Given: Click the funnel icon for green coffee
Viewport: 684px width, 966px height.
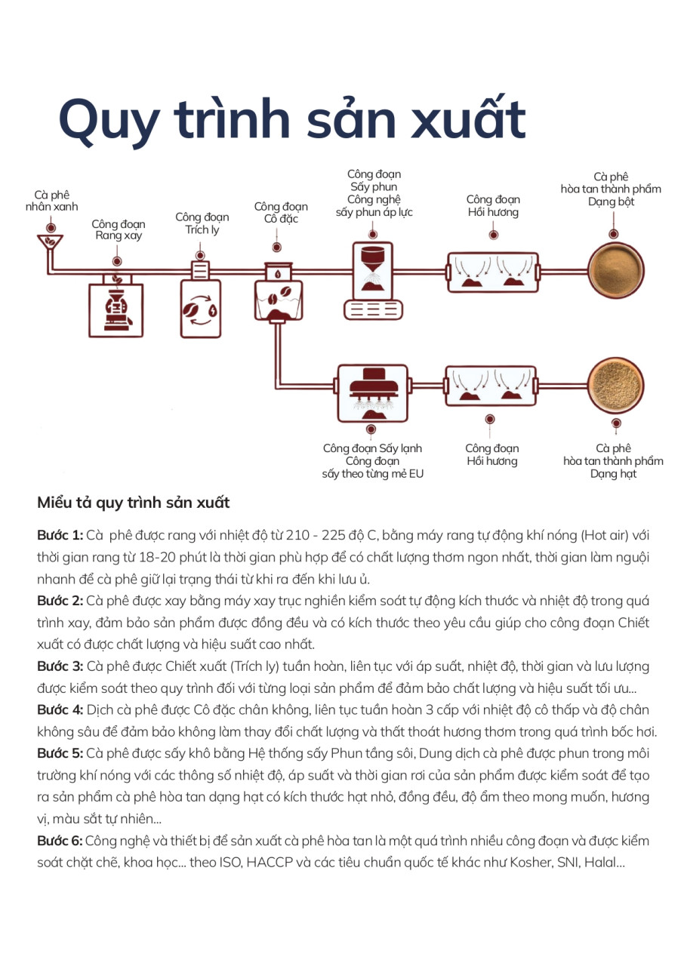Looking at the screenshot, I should [x=51, y=243].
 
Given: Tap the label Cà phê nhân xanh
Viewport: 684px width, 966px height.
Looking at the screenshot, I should [x=51, y=201].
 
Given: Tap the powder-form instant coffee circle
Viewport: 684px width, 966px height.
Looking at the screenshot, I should [x=616, y=271].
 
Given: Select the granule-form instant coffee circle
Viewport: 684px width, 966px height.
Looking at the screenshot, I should [x=616, y=386].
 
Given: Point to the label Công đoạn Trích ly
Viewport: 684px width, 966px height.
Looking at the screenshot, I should [x=202, y=223].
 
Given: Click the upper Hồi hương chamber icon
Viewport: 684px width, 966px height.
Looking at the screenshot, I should [x=492, y=272].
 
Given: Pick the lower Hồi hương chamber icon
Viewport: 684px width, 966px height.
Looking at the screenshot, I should [x=491, y=388].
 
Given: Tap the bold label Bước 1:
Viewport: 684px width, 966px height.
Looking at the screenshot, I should [x=60, y=536].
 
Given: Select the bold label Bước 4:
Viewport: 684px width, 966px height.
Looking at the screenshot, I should [x=60, y=710].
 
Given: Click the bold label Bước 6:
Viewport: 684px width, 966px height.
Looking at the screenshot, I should [x=60, y=841].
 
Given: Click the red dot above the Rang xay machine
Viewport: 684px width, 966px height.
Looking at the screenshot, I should [x=116, y=261].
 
